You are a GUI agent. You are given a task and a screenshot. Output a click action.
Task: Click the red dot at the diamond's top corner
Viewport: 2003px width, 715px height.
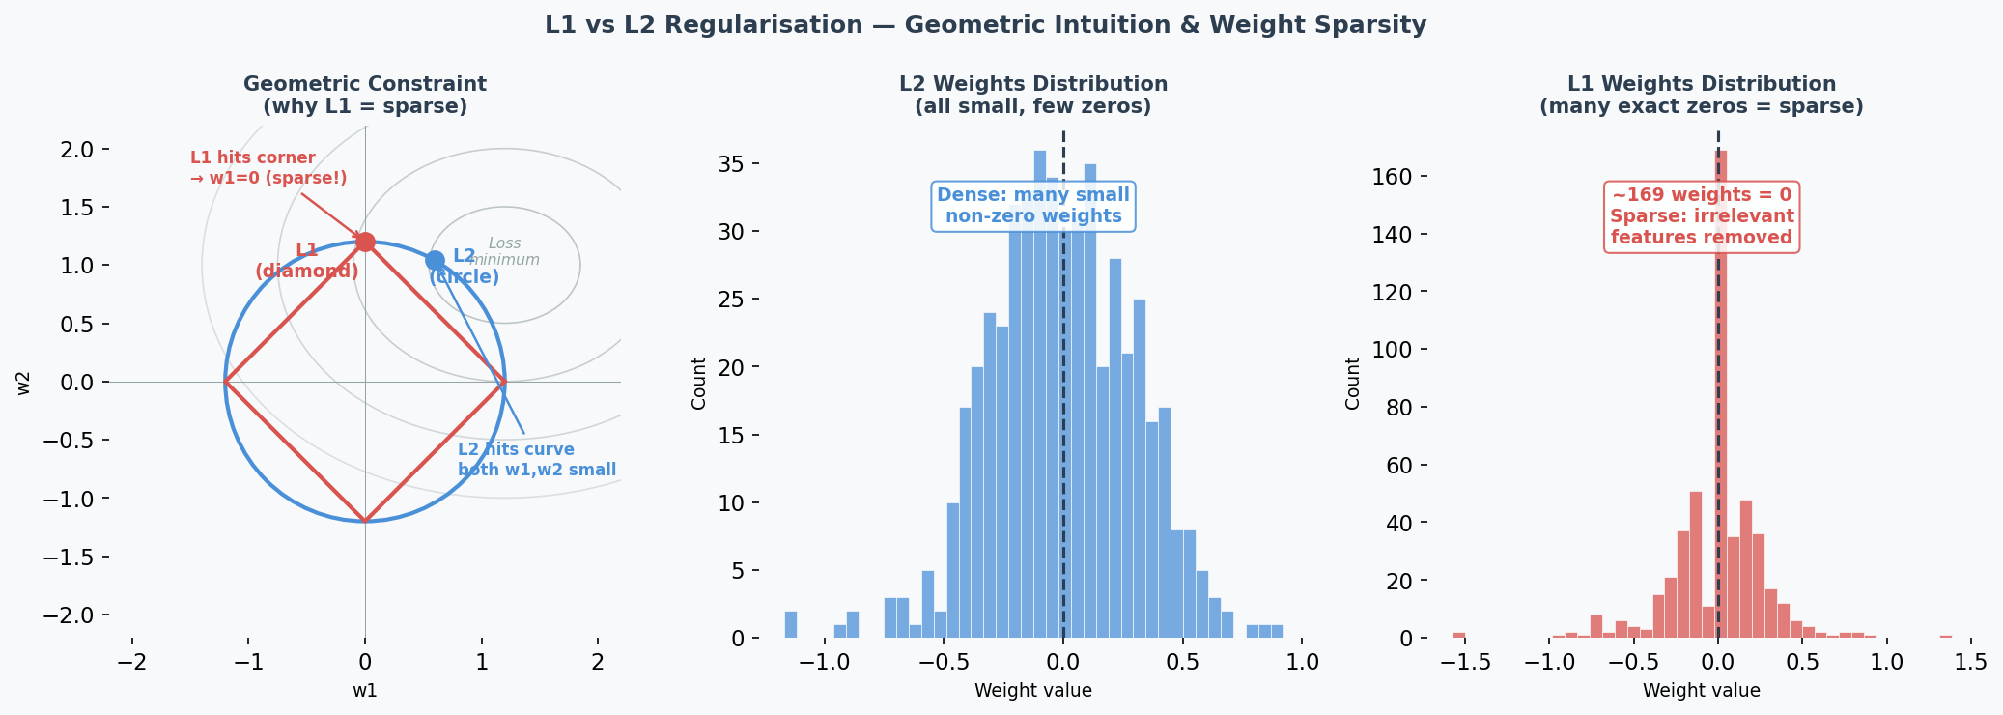point(365,242)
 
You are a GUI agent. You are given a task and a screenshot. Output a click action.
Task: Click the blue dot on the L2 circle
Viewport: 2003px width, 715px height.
point(435,260)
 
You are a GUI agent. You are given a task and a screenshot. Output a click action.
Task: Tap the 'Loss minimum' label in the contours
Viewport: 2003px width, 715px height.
point(505,251)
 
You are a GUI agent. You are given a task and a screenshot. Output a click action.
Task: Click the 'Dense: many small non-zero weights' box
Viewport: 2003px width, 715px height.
point(1033,206)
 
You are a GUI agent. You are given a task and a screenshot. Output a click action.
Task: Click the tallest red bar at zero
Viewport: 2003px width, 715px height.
point(1721,386)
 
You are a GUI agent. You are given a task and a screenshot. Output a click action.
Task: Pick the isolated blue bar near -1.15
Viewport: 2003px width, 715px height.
point(790,624)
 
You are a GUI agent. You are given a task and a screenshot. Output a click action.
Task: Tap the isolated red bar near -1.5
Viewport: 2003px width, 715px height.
point(1459,635)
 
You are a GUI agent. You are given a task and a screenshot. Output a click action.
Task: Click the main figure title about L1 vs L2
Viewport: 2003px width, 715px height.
point(985,25)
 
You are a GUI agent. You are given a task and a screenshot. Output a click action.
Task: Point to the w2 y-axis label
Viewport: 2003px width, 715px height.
point(24,383)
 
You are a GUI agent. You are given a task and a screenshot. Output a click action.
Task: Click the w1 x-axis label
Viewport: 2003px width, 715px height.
point(365,691)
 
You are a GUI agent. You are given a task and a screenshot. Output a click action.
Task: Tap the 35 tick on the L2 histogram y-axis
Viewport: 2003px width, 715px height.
point(730,164)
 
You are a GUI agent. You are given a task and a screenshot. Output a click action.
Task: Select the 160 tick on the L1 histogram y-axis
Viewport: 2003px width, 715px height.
point(1392,177)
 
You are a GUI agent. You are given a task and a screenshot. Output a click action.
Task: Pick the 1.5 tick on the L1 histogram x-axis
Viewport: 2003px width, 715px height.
point(1970,663)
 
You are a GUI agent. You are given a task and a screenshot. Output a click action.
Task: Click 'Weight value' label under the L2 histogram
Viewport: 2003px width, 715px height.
point(1032,691)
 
